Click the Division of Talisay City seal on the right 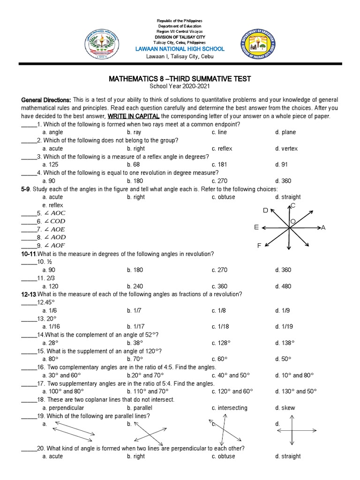[259, 47]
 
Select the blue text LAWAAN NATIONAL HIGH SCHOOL [180, 49]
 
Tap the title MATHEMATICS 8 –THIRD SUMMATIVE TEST [180, 78]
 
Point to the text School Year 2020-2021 [180, 87]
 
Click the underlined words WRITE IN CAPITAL [133, 116]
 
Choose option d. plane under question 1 [285, 133]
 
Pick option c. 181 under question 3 [220, 165]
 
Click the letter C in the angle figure [293, 206]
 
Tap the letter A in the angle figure [323, 227]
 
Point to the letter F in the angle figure [259, 246]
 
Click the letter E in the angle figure [256, 227]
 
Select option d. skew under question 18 [285, 408]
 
